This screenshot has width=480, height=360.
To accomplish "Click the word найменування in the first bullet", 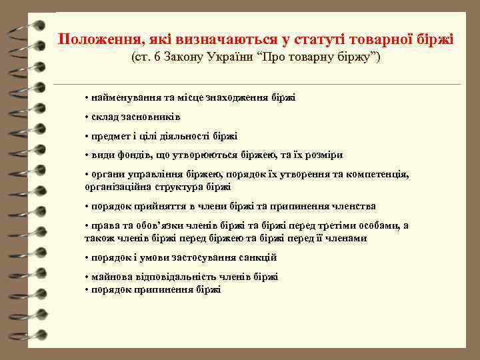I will pos(124,97).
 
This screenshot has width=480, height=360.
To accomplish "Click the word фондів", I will pos(132,155).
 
